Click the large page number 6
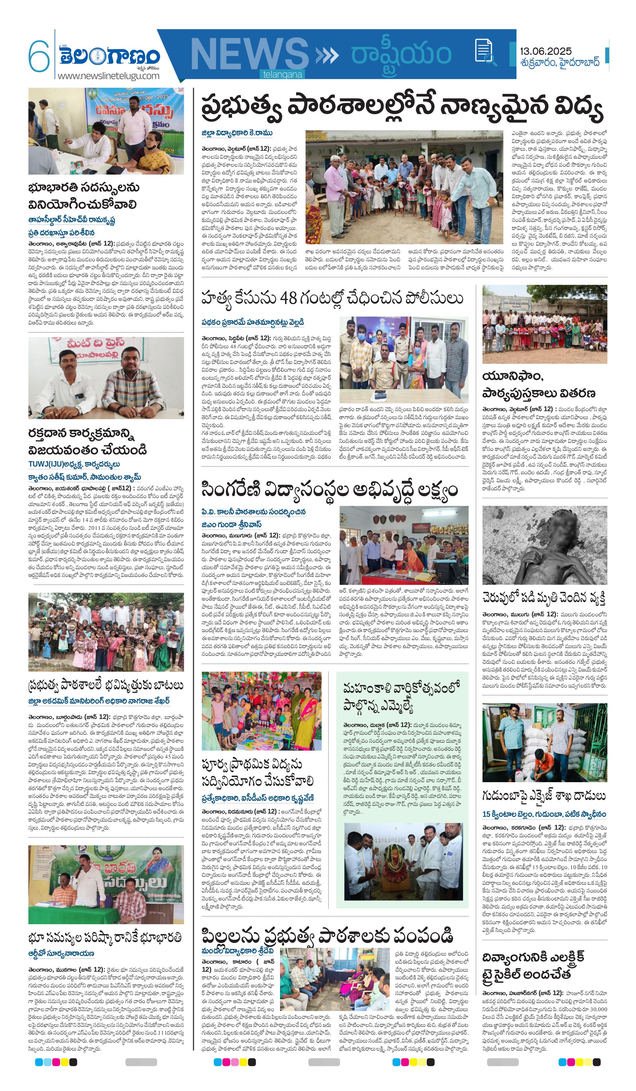pos(39,55)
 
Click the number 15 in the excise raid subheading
pos(486,814)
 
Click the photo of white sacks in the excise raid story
pos(544,742)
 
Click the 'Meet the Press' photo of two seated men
pos(106,378)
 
